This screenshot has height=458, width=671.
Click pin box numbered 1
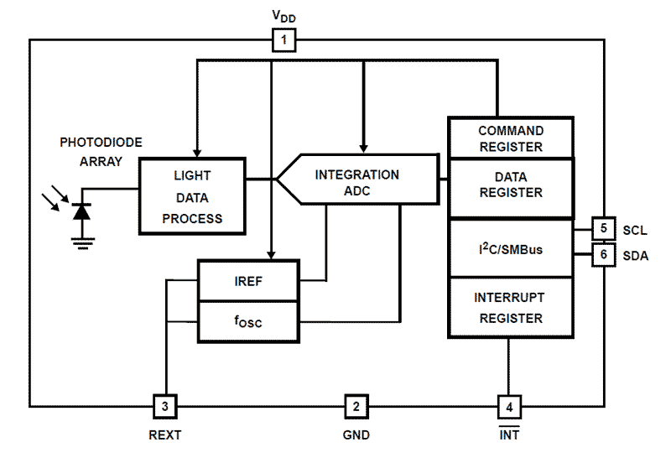(284, 39)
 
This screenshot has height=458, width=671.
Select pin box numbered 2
(356, 407)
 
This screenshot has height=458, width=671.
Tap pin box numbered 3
(165, 407)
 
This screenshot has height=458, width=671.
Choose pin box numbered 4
(509, 407)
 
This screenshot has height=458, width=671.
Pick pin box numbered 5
(604, 229)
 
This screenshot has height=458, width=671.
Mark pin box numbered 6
(604, 255)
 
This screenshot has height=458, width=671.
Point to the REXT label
(164, 435)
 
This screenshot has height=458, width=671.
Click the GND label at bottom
(356, 435)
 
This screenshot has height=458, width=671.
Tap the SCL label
(635, 230)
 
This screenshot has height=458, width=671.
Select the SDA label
(635, 256)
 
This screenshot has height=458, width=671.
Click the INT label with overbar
(509, 435)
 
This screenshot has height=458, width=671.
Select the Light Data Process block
(192, 197)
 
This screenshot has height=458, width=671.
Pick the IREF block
(247, 281)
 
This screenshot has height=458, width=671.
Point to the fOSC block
(247, 320)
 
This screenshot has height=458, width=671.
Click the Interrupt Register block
(510, 308)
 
